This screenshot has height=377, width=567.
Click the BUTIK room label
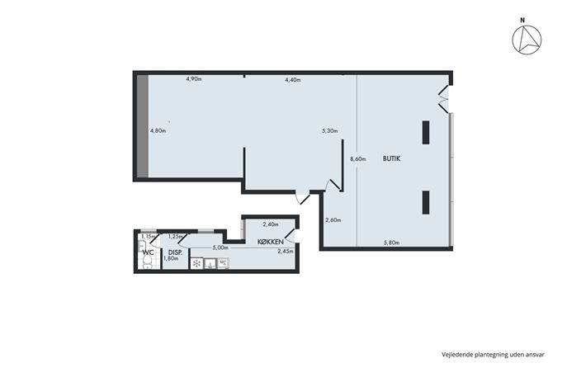point(392,158)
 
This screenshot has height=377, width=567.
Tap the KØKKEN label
point(271,242)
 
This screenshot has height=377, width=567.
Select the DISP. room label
point(175,252)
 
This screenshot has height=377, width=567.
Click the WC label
point(149,252)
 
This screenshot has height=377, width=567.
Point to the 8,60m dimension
point(358,158)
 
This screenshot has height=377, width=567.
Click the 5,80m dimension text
point(391,243)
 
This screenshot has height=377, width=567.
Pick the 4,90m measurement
point(194,79)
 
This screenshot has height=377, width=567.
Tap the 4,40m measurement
point(293,80)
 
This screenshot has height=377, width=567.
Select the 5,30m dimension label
point(330,131)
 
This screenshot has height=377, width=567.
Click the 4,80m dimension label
point(158,131)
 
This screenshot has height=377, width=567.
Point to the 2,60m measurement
point(333,220)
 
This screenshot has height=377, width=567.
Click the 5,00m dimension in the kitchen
point(220,247)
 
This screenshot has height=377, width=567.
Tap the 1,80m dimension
point(171,258)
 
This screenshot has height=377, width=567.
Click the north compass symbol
point(527,40)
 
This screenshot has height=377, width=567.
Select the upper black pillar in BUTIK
point(426,133)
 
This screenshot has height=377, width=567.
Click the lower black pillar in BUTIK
point(426,202)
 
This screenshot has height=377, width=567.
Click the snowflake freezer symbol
point(197,263)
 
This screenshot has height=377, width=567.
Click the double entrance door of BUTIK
point(444,98)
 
